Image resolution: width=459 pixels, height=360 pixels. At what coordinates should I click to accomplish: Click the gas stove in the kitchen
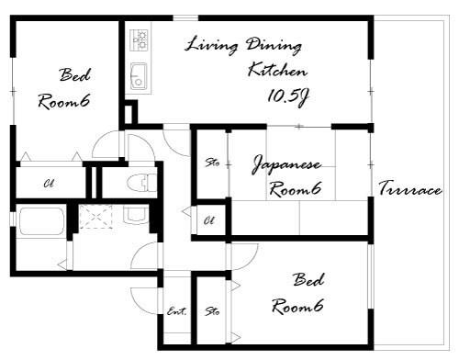pyautogui.click(x=140, y=40)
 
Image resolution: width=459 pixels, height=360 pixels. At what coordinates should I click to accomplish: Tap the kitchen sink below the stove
pyautogui.click(x=139, y=76)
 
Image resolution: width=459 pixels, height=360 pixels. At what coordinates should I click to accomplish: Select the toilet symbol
pyautogui.click(x=141, y=182)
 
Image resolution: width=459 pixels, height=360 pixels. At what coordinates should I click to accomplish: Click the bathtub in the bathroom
pyautogui.click(x=42, y=221)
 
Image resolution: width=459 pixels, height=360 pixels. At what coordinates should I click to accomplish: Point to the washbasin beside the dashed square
pyautogui.click(x=137, y=215)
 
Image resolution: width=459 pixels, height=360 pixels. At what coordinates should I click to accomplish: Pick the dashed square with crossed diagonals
pyautogui.click(x=95, y=217)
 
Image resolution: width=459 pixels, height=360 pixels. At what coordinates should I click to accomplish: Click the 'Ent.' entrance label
pyautogui.click(x=176, y=311)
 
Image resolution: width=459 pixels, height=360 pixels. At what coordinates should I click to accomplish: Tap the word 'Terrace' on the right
pyautogui.click(x=410, y=188)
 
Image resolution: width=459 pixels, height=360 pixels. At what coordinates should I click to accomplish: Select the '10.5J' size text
pyautogui.click(x=287, y=97)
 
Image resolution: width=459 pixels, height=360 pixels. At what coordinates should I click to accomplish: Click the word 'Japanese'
pyautogui.click(x=286, y=165)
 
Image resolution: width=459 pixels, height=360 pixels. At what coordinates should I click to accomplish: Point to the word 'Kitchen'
pyautogui.click(x=277, y=70)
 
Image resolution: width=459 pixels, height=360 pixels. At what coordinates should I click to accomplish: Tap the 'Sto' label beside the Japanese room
pyautogui.click(x=212, y=162)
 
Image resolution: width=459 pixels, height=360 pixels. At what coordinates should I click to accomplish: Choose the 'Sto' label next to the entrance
pyautogui.click(x=212, y=311)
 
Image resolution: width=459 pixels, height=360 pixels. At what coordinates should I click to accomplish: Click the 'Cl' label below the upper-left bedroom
pyautogui.click(x=49, y=184)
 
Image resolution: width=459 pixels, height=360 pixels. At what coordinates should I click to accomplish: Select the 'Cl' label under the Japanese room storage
pyautogui.click(x=209, y=220)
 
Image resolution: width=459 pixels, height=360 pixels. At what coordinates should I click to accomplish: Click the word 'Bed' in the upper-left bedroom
pyautogui.click(x=75, y=75)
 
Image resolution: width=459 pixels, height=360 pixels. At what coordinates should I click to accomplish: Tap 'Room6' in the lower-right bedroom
pyautogui.click(x=297, y=307)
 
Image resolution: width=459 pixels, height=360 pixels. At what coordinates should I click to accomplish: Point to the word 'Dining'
pyautogui.click(x=274, y=46)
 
